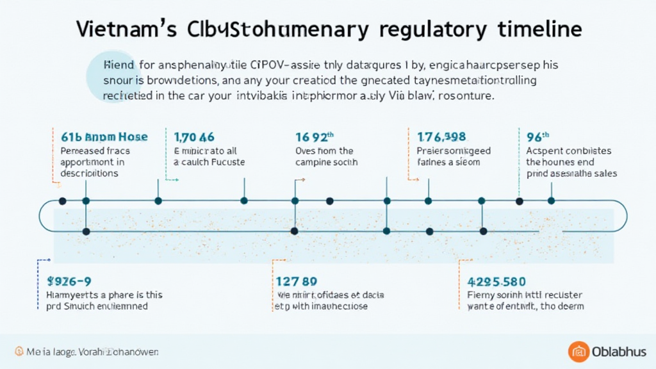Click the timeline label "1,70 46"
pos(194,136)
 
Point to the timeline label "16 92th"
pos(315,136)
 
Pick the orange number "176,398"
pos(441,136)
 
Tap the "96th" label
pos(538,136)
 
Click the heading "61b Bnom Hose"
pos(104,136)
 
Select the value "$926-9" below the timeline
pos(69,281)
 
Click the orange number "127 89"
pos(296,281)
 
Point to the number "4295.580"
pos(497,281)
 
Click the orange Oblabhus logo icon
pos(579,352)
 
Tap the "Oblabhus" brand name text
pos(619,352)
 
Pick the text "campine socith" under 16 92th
pos(326,162)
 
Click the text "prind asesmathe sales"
pos(571,174)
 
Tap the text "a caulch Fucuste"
pos(209,162)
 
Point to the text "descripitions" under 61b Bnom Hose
pos(89,174)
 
